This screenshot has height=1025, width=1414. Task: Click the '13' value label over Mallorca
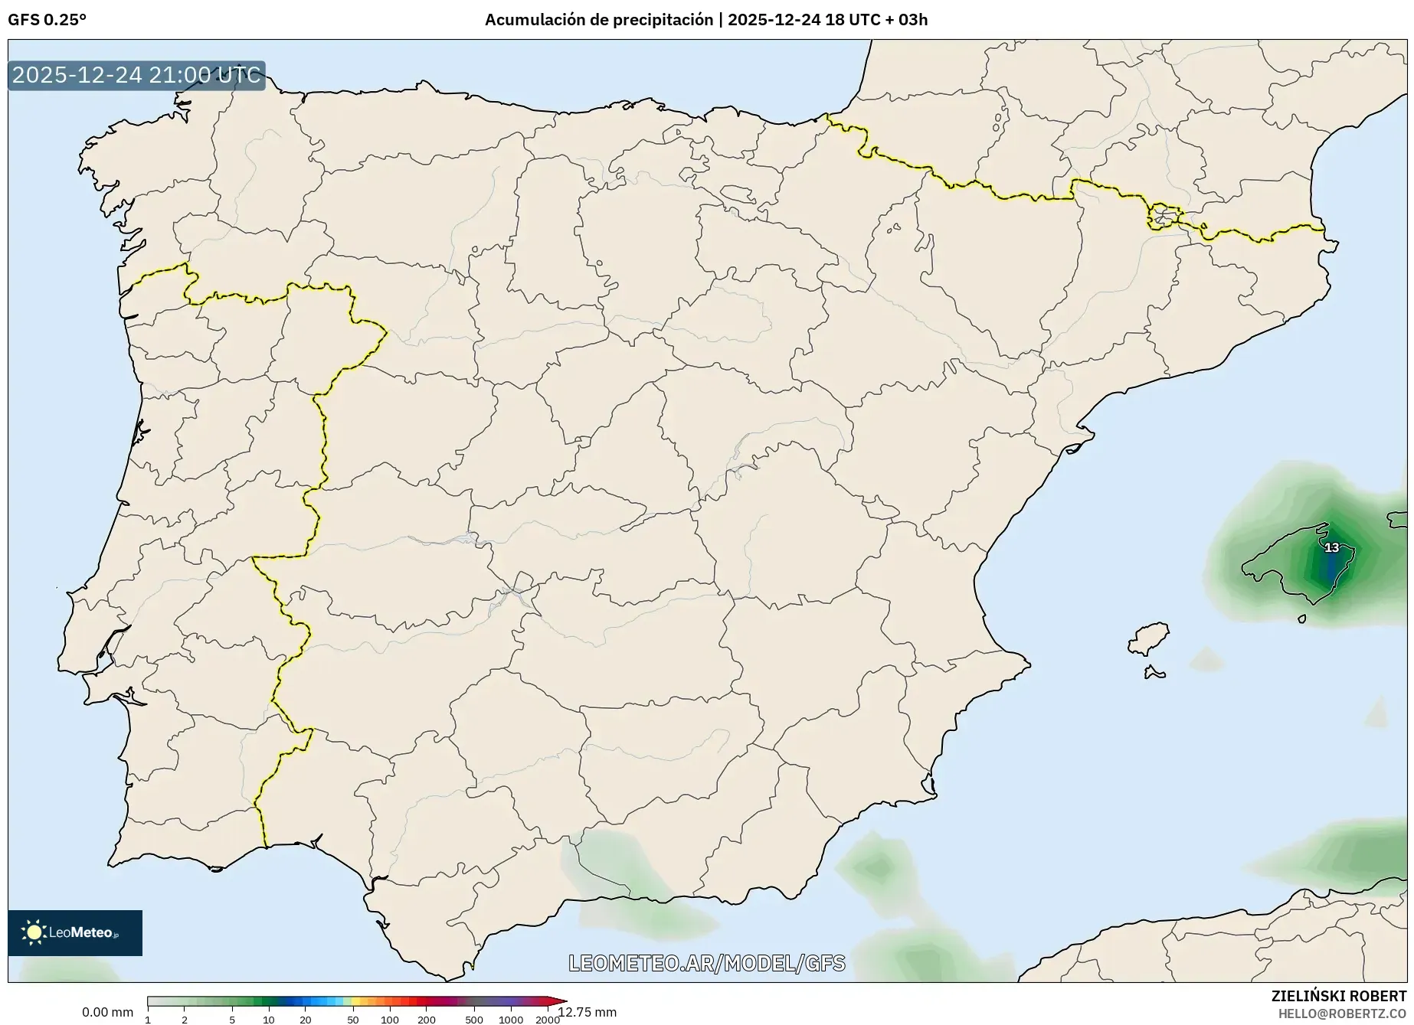1331,548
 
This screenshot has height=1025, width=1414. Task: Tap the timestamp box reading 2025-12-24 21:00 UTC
136,75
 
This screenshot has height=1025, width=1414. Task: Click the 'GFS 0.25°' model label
47,20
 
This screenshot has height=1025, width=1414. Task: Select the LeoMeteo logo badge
75,932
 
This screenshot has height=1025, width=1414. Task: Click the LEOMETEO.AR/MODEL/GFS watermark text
706,963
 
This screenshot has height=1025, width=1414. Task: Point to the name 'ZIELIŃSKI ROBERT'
1338,996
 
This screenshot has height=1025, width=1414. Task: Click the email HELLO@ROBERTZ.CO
1342,1013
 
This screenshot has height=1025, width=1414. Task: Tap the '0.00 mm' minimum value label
107,1012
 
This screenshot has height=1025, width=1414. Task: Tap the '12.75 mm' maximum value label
588,1012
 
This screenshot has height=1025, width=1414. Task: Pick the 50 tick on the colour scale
353,1019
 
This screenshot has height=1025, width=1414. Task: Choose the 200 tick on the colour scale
427,1019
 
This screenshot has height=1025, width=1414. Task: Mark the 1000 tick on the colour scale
511,1019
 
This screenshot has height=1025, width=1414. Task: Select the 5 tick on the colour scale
232,1019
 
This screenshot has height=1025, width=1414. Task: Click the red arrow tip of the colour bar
561,1001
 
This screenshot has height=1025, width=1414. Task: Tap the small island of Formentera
1154,674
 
